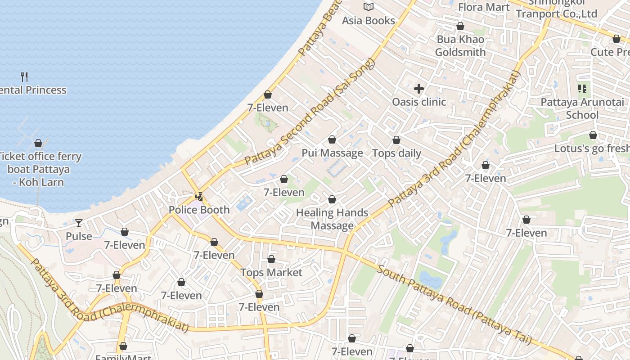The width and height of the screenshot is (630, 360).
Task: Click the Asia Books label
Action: tap(368, 21)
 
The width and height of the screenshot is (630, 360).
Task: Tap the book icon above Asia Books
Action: tap(369, 7)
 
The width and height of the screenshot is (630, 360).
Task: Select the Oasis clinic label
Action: tap(419, 102)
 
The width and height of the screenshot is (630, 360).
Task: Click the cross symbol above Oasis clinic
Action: tap(419, 89)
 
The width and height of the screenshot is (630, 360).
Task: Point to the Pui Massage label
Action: tap(332, 153)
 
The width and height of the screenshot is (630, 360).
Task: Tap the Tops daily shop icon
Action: tap(396, 140)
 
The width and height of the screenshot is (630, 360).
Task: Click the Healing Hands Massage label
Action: tap(332, 219)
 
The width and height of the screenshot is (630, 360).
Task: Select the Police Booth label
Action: tap(199, 210)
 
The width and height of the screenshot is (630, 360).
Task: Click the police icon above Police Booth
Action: tap(199, 197)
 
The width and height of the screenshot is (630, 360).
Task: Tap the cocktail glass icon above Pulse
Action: tap(79, 223)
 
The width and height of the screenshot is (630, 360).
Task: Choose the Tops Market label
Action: tap(271, 273)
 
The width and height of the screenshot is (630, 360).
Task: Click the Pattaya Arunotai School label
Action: tap(582, 108)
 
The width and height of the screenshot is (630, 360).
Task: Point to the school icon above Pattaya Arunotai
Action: tap(582, 89)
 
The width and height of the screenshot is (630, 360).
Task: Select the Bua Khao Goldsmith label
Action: tap(460, 46)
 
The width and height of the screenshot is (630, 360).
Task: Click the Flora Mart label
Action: tap(484, 7)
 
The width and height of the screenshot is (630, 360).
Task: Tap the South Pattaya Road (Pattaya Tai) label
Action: tap(454, 305)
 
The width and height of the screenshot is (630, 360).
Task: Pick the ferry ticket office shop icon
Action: tap(38, 144)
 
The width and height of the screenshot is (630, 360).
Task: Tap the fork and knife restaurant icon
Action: tap(24, 77)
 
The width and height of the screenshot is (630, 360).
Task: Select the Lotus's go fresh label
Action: tap(591, 148)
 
